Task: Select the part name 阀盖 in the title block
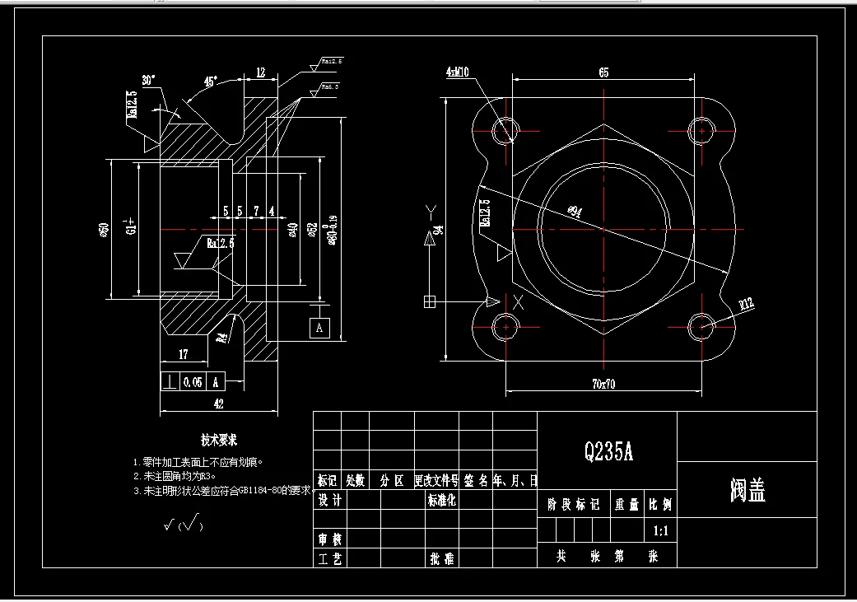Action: click(747, 491)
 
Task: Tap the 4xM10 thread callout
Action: click(457, 72)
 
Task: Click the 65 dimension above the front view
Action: click(603, 72)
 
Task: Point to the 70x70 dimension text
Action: click(603, 383)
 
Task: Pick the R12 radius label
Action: click(746, 305)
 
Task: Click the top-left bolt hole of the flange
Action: click(505, 129)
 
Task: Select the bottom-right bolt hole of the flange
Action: click(701, 326)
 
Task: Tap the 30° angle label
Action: click(149, 81)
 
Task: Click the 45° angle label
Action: click(212, 82)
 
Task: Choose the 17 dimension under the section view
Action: click(183, 355)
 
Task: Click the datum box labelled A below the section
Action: click(319, 328)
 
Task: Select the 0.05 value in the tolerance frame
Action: click(193, 382)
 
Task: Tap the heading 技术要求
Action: click(219, 441)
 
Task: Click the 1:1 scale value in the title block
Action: click(659, 531)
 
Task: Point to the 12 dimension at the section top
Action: click(260, 72)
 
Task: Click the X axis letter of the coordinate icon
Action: click(518, 301)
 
